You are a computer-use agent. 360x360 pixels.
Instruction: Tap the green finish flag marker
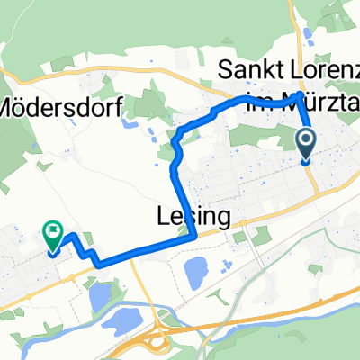(51, 233)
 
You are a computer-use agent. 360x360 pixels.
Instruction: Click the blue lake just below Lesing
(194, 269)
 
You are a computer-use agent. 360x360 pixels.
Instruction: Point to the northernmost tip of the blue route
(300, 94)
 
